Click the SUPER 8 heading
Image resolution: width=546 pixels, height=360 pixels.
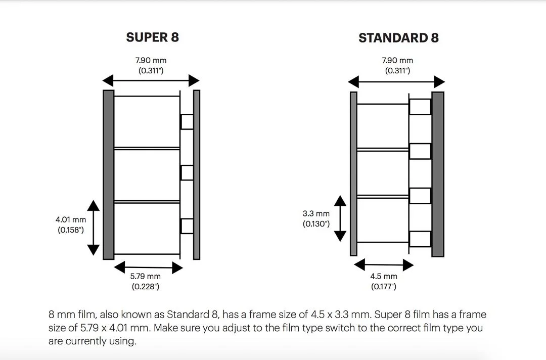[x=153, y=37]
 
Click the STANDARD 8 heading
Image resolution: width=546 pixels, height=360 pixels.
[x=399, y=37]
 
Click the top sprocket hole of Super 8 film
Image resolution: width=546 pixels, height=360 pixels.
[x=187, y=122]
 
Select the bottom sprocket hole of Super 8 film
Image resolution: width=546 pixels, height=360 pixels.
[x=187, y=226]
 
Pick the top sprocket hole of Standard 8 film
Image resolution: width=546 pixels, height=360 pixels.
[x=420, y=107]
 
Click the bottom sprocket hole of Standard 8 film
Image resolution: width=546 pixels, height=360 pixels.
[x=420, y=239]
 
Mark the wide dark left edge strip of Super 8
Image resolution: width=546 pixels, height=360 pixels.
[x=109, y=175]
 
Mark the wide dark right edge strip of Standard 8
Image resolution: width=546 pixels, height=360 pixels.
[x=438, y=174]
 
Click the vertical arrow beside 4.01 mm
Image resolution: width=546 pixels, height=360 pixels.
[x=94, y=228]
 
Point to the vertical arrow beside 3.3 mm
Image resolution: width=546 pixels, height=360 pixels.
[x=340, y=218]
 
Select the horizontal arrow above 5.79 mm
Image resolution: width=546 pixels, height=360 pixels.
[x=148, y=267]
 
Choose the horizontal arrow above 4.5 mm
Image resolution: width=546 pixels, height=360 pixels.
[x=384, y=265]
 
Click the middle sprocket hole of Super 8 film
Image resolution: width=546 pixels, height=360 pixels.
[x=187, y=173]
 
